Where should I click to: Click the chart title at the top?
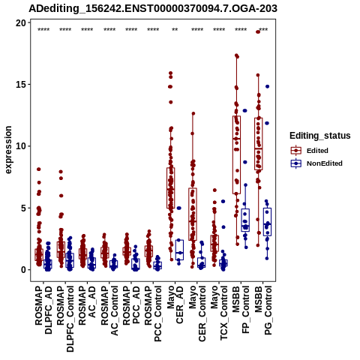tap(153, 8)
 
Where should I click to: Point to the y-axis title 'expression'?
tap(8, 150)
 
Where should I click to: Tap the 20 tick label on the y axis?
tap(21, 23)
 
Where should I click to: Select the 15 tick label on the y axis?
tap(21, 85)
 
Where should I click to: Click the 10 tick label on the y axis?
tap(21, 146)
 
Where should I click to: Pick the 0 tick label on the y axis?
tap(24, 270)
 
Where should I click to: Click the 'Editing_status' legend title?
tap(320, 136)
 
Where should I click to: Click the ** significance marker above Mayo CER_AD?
tap(175, 30)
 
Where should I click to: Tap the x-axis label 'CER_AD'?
tap(180, 305)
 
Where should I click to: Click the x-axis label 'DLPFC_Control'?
tap(70, 319)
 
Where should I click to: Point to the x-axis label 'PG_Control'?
tap(268, 310)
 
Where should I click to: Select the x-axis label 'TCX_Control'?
tap(223, 313)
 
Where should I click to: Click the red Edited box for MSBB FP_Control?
tap(236, 154)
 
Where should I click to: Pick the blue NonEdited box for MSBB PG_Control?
tap(267, 222)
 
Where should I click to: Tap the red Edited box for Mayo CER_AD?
tap(171, 188)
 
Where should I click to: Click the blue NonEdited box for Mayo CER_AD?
tap(179, 250)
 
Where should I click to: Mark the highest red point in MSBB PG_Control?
tap(258, 31)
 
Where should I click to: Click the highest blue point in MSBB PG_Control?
tap(267, 86)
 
